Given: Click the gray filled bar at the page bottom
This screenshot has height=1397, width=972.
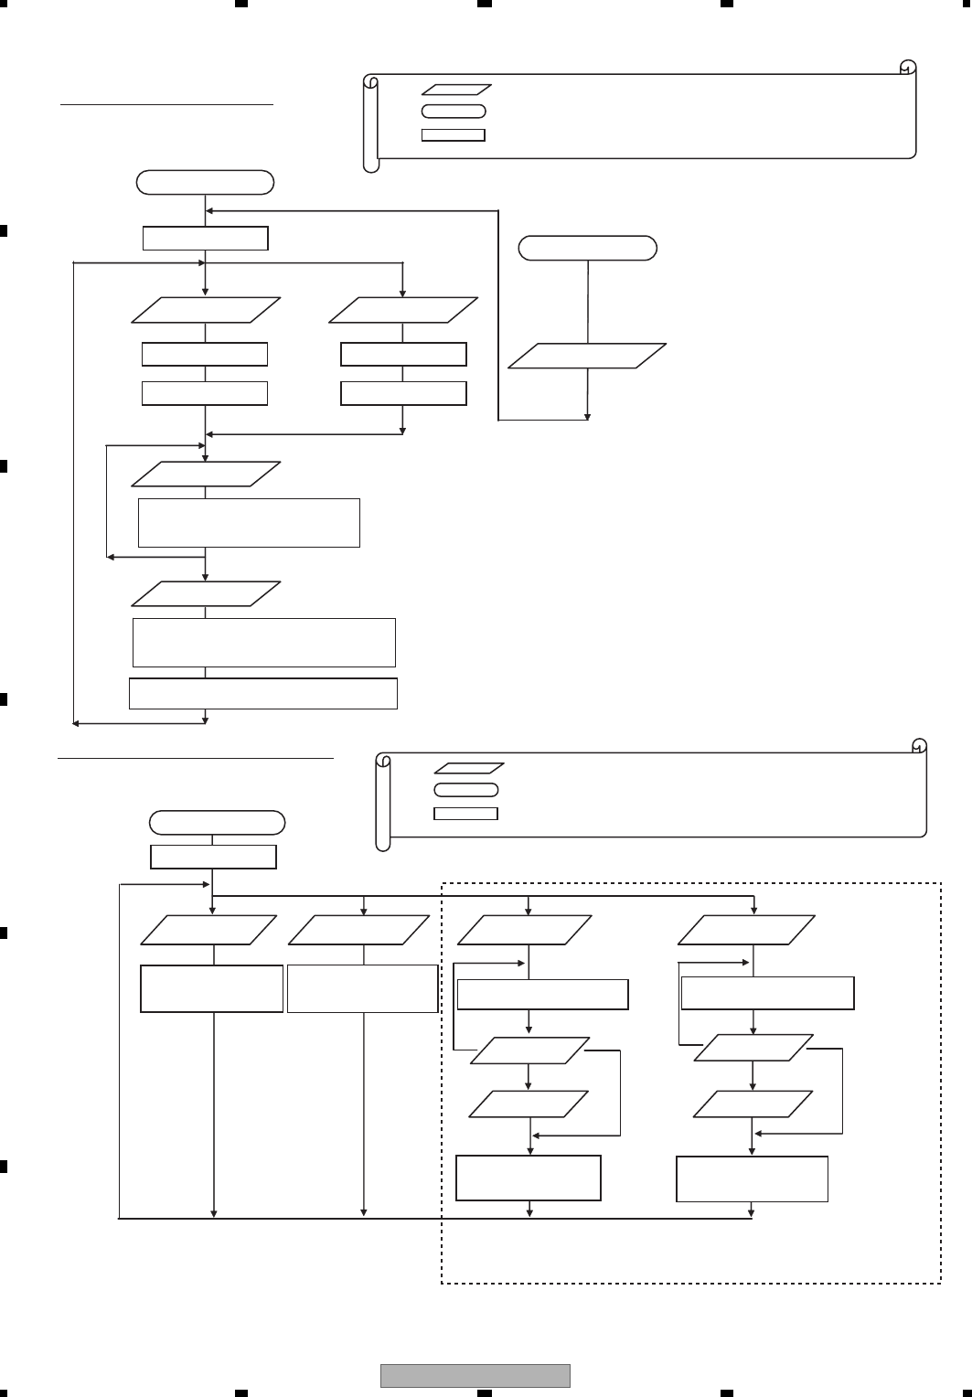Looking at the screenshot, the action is click(x=475, y=1375).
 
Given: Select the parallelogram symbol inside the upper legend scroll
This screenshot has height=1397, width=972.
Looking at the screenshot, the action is click(x=456, y=91).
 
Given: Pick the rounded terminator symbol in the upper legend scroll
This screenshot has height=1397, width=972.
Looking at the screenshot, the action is click(x=454, y=112).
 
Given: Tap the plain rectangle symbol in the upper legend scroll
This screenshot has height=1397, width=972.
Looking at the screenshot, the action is click(x=453, y=135).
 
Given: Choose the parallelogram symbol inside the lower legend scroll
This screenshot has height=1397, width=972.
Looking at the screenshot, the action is click(x=468, y=768).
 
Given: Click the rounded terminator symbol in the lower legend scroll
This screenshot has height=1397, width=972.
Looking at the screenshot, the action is click(x=465, y=789).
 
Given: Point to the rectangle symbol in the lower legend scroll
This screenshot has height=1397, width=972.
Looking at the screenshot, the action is click(x=465, y=813).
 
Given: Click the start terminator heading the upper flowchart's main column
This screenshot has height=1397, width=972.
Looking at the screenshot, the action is click(x=205, y=182).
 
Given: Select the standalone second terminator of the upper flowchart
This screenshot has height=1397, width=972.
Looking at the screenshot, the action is click(x=587, y=248).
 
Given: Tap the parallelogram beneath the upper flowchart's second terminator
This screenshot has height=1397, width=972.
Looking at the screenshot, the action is click(x=587, y=356).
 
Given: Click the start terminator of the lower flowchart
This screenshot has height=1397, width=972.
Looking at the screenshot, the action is click(x=217, y=822).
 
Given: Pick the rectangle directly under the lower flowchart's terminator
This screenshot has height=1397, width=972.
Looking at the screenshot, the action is click(x=213, y=857).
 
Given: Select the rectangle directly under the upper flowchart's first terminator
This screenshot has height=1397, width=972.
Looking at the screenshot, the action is click(x=206, y=238).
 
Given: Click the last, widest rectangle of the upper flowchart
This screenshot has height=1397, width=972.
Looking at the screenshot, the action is click(x=263, y=693).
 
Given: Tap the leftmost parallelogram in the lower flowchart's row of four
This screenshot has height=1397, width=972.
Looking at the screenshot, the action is click(x=209, y=931).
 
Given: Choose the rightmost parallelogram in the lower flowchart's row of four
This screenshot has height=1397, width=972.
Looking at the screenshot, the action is click(x=746, y=931).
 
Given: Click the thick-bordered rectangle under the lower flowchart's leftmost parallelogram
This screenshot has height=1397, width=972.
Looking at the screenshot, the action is click(x=211, y=988).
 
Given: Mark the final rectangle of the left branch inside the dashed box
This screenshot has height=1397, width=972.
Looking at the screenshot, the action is click(x=529, y=1178).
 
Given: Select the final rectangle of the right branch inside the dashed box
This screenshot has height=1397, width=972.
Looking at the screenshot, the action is click(x=752, y=1178).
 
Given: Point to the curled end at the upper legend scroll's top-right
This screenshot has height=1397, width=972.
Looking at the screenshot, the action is click(x=908, y=69).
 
